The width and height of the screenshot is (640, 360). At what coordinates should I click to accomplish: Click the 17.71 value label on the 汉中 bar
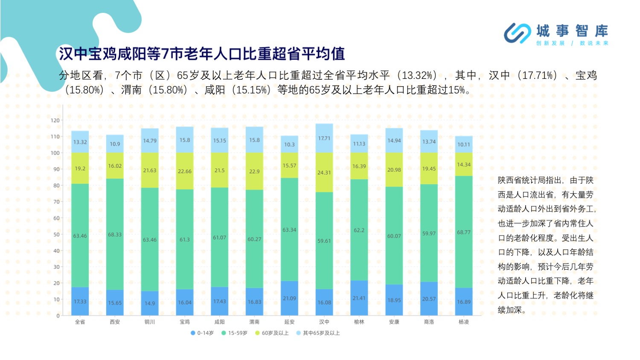324,138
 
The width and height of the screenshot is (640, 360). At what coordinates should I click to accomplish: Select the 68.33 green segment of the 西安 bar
115,234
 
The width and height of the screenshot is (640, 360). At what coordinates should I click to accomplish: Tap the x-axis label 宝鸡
185,322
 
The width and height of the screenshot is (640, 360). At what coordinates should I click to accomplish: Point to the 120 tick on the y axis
55,120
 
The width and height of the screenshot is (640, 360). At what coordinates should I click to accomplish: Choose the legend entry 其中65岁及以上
318,333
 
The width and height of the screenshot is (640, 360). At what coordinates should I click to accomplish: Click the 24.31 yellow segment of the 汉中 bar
324,172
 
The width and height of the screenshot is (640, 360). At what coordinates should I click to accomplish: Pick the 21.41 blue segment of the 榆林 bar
359,298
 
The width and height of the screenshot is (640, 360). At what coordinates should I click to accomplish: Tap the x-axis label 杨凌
464,322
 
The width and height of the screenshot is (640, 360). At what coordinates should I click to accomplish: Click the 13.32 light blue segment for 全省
80,142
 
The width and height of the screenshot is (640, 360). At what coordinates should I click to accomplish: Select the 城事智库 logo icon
518,33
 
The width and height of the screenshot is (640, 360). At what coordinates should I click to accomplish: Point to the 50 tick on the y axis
56,234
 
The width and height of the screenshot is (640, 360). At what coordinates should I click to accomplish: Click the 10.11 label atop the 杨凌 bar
464,145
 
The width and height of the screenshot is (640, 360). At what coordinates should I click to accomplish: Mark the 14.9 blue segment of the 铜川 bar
150,303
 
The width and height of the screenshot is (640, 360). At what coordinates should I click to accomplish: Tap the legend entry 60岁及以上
272,333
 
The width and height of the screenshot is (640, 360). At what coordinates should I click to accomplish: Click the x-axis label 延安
289,322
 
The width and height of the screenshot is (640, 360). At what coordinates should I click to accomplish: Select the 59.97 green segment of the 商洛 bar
429,233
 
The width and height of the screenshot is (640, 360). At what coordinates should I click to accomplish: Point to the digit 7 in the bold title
166,54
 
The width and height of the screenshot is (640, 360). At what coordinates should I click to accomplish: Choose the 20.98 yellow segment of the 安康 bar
394,170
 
